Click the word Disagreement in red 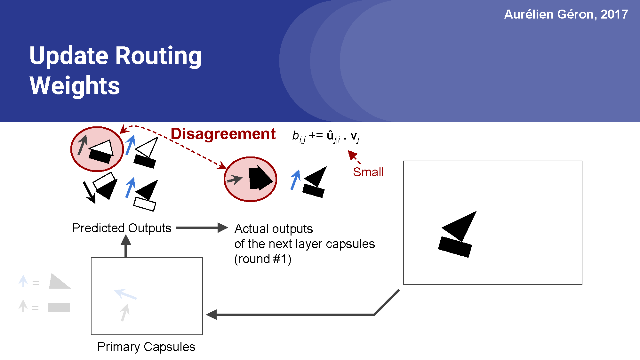click(x=223, y=134)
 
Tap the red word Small click(x=368, y=172)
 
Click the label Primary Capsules click(x=146, y=347)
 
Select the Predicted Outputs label click(x=122, y=228)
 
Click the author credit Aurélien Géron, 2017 click(x=566, y=14)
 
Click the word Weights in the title click(x=75, y=86)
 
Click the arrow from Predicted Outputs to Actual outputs click(x=202, y=228)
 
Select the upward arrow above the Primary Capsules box click(x=126, y=246)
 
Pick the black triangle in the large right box click(x=461, y=226)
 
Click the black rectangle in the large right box click(x=455, y=247)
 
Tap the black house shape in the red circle click(x=260, y=178)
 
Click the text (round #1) click(x=263, y=259)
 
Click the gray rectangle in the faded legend click(x=59, y=308)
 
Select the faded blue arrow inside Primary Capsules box click(x=125, y=294)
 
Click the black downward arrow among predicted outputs click(x=89, y=192)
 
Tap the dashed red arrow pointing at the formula click(x=354, y=157)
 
